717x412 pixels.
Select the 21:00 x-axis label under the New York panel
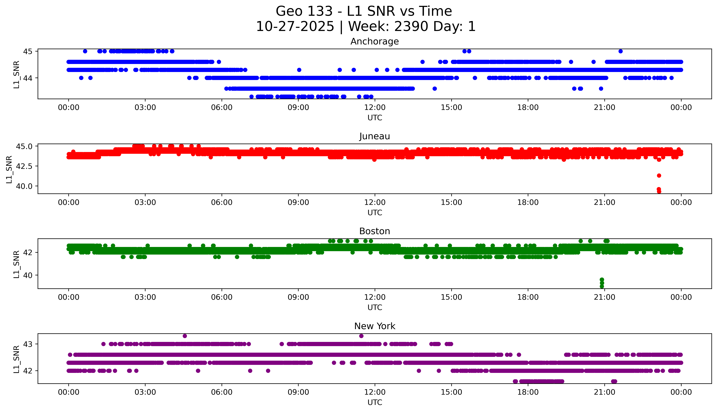coord(605,392)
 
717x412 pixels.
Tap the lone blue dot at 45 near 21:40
coord(621,51)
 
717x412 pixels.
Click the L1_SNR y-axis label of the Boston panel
coord(16,264)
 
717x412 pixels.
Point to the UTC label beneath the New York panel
coord(375,402)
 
